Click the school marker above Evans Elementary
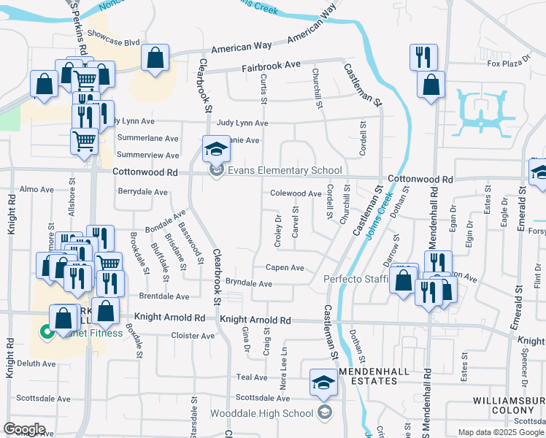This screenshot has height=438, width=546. click(x=215, y=149)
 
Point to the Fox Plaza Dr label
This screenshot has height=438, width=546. click(x=508, y=64)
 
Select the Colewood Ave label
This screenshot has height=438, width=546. click(x=296, y=193)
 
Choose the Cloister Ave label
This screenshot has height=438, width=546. click(x=193, y=336)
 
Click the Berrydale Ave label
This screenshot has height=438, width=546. click(x=142, y=191)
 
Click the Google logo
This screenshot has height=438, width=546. click(x=25, y=429)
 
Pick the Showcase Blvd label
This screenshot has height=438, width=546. click(x=113, y=42)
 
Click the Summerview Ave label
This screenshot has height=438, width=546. click(x=147, y=155)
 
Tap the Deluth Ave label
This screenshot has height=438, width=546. click(x=37, y=364)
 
